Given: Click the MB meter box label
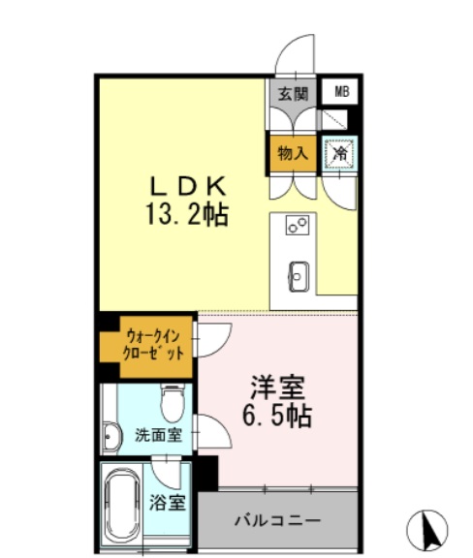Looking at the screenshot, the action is tap(341, 92).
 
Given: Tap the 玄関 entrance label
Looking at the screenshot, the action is tap(293, 94).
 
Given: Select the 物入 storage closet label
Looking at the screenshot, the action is tap(293, 154).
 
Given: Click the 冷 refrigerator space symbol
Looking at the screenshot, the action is tap(340, 154).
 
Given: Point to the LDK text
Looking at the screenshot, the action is tap(188, 186).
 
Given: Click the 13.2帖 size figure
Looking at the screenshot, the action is tap(187, 215).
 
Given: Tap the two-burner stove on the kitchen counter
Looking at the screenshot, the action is tap(297, 226).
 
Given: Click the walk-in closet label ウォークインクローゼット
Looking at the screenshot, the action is tap(153, 345).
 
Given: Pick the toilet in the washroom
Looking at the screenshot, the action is tap(172, 403).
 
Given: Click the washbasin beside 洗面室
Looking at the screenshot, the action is tap(111, 437).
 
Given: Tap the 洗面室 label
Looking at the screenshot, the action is tap(159, 435).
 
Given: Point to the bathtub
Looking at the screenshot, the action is tap(121, 505).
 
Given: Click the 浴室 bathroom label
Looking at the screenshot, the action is tap(167, 503).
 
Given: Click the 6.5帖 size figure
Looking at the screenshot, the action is tap(277, 416).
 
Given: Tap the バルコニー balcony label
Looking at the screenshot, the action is tap(277, 520).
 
